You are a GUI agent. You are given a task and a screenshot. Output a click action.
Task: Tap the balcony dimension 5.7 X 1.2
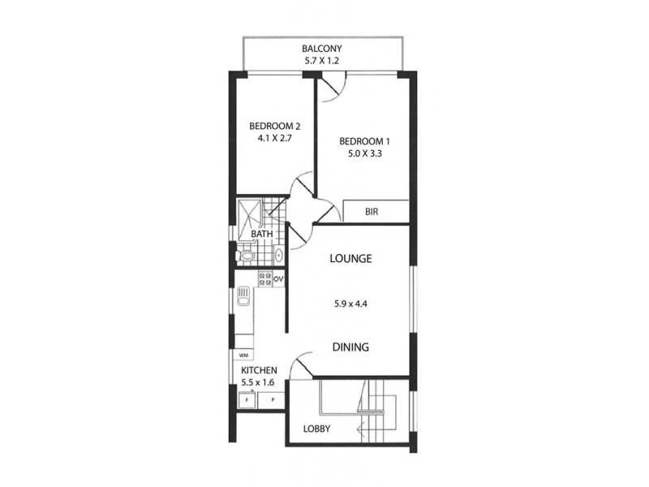tap(321, 61)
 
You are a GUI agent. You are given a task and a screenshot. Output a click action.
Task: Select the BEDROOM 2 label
tap(274, 126)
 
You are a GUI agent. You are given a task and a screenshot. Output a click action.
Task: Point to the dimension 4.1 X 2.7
tap(274, 138)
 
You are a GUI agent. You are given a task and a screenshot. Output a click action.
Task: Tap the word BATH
tap(261, 235)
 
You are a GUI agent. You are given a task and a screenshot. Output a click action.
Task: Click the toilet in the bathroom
tap(246, 256)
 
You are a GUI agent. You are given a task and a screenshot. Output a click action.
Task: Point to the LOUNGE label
tap(350, 259)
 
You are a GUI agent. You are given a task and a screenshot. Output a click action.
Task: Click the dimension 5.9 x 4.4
tap(351, 305)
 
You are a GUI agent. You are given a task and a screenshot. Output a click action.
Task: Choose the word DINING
tap(350, 347)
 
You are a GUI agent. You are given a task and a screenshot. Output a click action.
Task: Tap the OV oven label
tap(278, 279)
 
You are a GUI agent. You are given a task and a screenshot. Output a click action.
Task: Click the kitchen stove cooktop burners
tap(264, 280)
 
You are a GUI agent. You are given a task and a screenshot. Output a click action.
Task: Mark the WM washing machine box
tap(243, 355)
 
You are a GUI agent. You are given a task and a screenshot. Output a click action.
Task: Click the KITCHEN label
tap(259, 369)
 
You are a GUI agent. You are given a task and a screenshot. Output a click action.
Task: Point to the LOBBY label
tap(316, 429)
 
